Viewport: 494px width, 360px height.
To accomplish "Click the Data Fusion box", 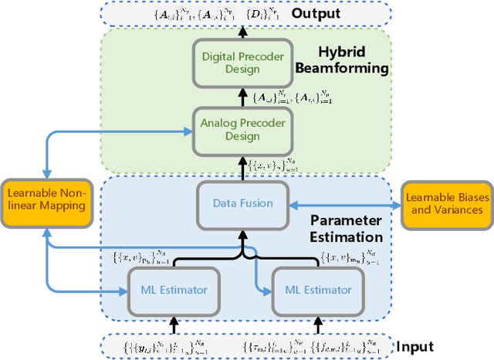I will (x=242, y=204).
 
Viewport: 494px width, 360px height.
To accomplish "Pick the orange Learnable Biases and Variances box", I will (x=448, y=204).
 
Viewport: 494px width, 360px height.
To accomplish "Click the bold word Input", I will (x=414, y=347).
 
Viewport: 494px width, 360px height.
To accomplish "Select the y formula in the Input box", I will (x=154, y=346).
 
